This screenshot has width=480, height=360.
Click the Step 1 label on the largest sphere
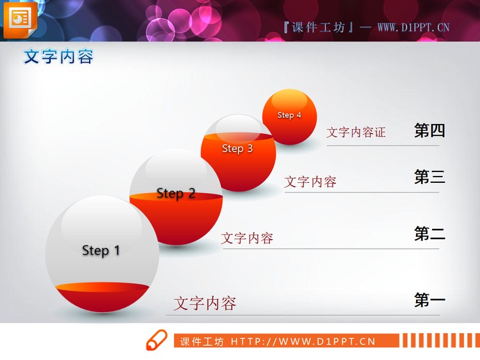[x=101, y=250]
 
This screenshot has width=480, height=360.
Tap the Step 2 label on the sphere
[x=176, y=193]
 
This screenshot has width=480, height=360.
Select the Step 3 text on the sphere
[x=237, y=148]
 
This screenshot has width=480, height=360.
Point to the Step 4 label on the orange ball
[x=289, y=115]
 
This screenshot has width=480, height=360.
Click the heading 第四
[x=429, y=131]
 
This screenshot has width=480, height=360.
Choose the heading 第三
[x=429, y=177]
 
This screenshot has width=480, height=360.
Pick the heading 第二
[x=429, y=234]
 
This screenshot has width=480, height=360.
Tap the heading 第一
[x=429, y=300]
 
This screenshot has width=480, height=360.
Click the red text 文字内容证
[x=356, y=132]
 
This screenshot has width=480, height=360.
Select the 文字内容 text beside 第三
[x=310, y=182]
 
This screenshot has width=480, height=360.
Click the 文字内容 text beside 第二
[x=247, y=239]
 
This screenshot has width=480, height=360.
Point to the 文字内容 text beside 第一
[x=205, y=303]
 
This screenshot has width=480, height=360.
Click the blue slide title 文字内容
[x=58, y=57]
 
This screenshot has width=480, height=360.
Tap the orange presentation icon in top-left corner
[x=20, y=19]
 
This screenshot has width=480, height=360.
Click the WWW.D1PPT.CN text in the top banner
[x=413, y=27]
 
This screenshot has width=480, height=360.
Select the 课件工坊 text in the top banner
[x=318, y=27]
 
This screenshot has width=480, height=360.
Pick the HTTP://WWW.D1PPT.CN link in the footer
[x=303, y=341]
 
